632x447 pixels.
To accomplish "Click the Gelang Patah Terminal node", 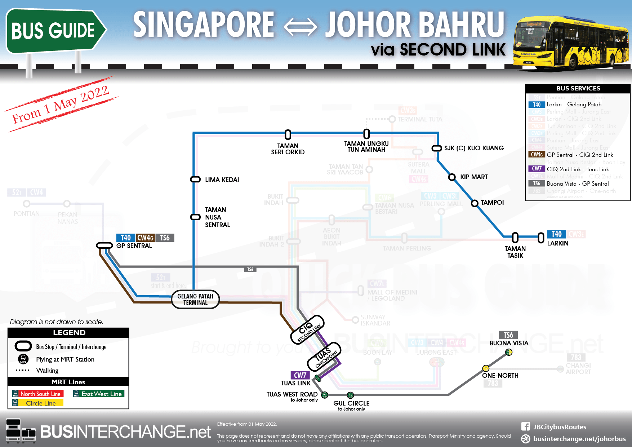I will point(195,299).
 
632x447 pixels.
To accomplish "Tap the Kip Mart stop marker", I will point(452,177).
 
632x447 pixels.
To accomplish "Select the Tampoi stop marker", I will point(475,203).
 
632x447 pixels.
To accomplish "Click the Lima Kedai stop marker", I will point(195,180).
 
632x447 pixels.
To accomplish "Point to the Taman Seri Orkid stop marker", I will point(288,134).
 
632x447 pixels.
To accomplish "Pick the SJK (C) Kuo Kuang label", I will point(474,148).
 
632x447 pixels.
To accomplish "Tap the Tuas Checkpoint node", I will point(324,356).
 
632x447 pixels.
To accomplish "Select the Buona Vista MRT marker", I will point(509,352).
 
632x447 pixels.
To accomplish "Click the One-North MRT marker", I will point(486,368).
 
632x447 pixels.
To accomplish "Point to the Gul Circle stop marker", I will point(350,395).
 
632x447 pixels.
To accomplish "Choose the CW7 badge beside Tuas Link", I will point(300,376).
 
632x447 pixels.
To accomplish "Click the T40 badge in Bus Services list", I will point(537,105).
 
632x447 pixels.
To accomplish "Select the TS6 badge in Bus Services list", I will point(537,183).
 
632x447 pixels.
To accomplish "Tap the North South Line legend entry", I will point(38,394).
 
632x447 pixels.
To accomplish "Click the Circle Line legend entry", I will point(38,403).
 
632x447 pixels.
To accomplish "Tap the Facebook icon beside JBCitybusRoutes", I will point(525,426).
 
